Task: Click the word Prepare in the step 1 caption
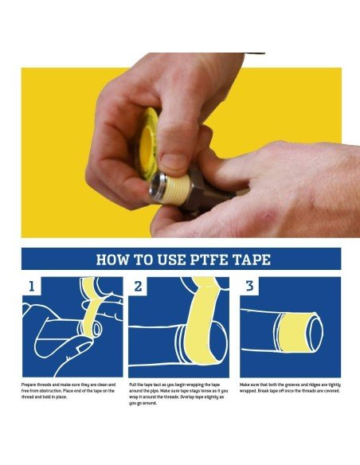click(31, 385)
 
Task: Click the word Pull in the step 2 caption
click(133, 385)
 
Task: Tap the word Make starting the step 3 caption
click(245, 385)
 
